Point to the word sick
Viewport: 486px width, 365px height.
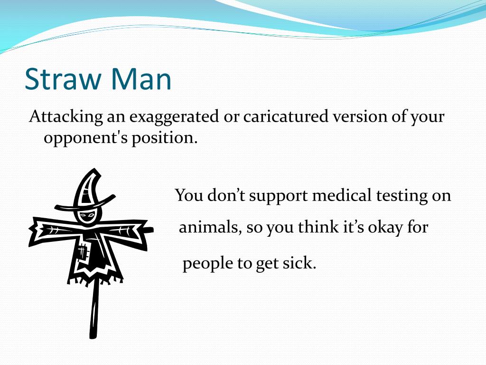coord(300,263)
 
